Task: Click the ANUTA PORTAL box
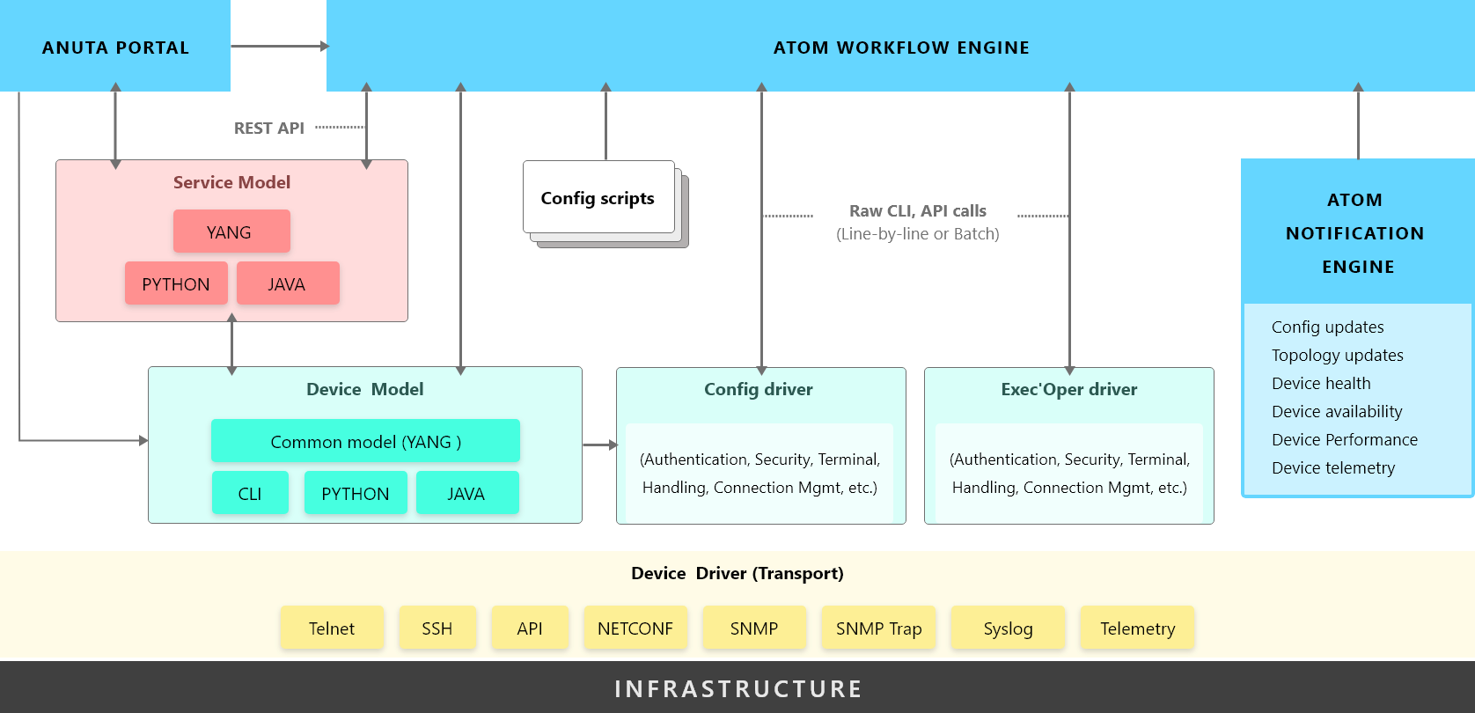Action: (115, 46)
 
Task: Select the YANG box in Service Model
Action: (231, 232)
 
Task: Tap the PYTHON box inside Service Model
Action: (177, 283)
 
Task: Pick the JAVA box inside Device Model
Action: (467, 492)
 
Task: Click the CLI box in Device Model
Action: (250, 492)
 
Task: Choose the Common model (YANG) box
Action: (365, 440)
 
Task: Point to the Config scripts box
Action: (598, 197)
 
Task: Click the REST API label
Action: (269, 128)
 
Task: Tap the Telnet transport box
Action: (332, 628)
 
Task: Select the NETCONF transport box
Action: (635, 628)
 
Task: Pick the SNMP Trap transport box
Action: (878, 628)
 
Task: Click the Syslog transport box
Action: (1009, 628)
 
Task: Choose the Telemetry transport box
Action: (1137, 628)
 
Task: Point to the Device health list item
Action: (1321, 383)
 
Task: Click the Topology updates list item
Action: (1338, 355)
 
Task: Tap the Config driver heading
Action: (759, 389)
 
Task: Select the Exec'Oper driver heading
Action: (1069, 389)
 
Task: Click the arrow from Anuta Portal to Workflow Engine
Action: (280, 46)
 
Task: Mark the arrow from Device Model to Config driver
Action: (600, 445)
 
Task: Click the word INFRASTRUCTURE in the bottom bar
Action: (738, 688)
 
